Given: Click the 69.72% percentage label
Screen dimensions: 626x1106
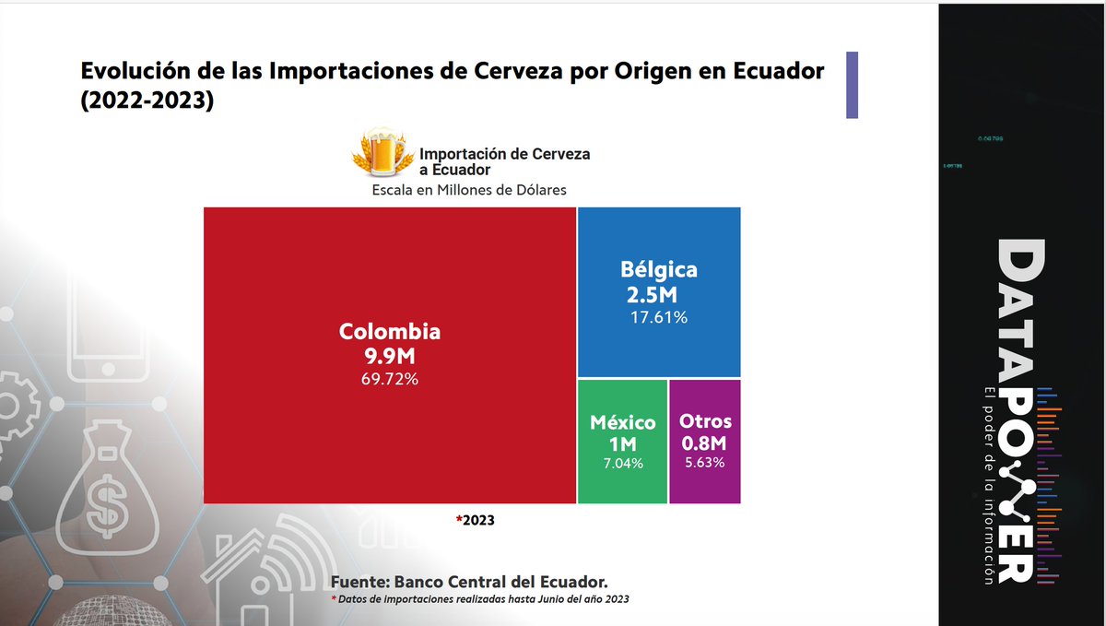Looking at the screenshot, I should point(390,378).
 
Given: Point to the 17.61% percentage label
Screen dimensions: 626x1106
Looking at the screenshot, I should point(658,318).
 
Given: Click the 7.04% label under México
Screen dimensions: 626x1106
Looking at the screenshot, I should point(623,463).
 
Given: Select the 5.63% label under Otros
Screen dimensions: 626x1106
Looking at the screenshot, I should point(705,463).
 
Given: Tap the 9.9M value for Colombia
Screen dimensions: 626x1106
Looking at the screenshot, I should point(390,355).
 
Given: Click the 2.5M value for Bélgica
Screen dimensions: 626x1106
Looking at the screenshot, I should point(652,295).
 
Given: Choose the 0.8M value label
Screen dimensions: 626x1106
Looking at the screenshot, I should point(705,443).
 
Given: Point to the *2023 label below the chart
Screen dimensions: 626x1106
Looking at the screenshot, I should point(476,520).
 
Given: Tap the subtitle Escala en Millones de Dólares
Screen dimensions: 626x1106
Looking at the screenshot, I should point(468,190).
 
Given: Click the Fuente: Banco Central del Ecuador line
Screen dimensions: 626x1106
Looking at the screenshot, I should point(469,582).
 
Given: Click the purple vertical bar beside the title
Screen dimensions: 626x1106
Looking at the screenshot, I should point(852,85).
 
